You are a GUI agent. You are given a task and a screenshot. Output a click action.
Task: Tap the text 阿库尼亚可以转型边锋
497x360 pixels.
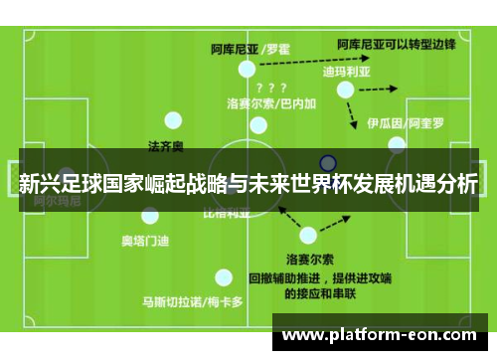pos(396,45)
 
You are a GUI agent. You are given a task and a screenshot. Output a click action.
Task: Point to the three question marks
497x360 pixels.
pos(271,87)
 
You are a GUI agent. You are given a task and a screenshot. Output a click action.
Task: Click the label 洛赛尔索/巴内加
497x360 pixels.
pos(271,102)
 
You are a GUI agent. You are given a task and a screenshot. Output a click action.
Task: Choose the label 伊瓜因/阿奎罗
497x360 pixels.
pos(406,123)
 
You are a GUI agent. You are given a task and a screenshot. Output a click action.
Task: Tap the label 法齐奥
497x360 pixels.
pos(166,146)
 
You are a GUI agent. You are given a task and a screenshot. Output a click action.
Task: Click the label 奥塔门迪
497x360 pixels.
pos(145,239)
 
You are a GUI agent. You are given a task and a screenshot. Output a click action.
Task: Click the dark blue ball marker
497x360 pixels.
pos(328,163)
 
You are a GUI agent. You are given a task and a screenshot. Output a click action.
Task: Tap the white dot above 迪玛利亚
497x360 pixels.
pos(345,90)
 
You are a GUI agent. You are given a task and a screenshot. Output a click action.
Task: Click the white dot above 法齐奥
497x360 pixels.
pos(173,122)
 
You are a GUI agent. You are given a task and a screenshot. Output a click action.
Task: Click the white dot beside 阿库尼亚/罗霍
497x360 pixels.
pos(246,70)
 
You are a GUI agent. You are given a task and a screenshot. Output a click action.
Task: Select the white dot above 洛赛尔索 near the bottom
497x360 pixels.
pos(308,236)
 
